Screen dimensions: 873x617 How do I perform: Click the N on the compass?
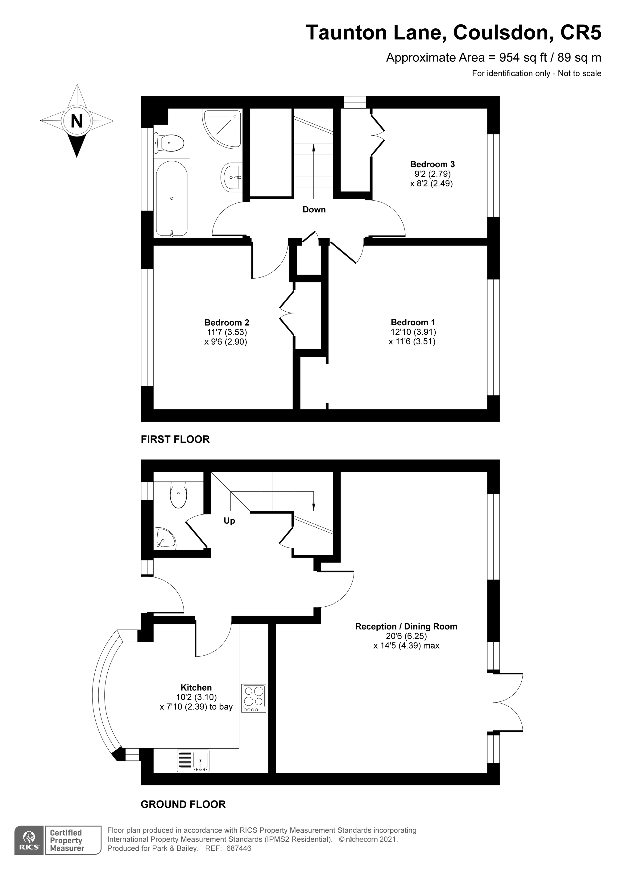[77, 121]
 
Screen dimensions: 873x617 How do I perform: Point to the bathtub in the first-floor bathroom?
[172, 198]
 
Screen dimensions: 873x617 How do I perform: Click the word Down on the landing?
[314, 210]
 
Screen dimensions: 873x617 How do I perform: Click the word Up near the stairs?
[229, 521]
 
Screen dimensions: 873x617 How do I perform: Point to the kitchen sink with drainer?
[193, 761]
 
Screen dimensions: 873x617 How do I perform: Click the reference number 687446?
[239, 848]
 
